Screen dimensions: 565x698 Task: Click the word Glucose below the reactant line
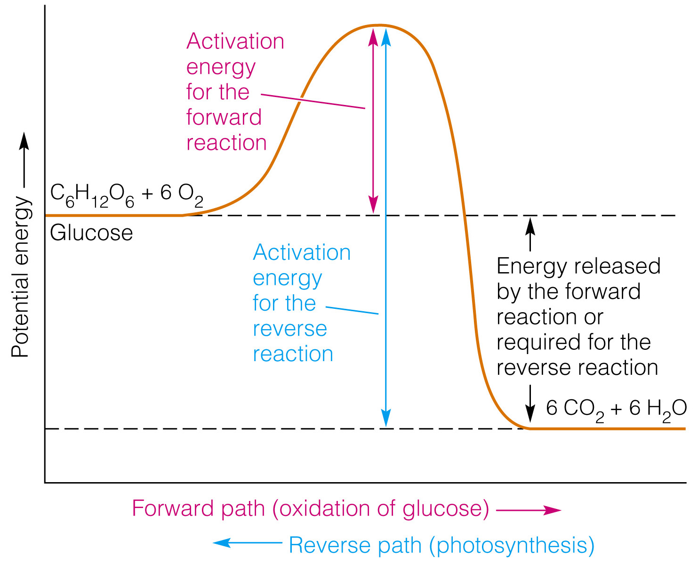[x=91, y=233]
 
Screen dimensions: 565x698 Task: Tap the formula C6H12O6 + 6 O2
[x=127, y=194]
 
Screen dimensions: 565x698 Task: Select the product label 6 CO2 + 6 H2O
[x=616, y=409]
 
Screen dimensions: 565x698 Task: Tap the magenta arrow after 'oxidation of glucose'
[x=529, y=510]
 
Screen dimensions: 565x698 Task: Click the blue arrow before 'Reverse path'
[x=248, y=543]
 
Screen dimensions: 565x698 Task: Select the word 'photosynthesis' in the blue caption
[x=512, y=545]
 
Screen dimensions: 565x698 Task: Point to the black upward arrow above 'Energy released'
[x=530, y=234]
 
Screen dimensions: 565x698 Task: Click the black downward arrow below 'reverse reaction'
[x=530, y=403]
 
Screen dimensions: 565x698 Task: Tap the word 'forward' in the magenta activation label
[x=224, y=117]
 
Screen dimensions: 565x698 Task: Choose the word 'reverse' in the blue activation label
[x=289, y=329]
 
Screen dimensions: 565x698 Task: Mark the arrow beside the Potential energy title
[x=24, y=160]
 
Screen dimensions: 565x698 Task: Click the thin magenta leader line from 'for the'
[x=313, y=101]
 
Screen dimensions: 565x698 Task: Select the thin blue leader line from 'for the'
[x=352, y=310]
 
